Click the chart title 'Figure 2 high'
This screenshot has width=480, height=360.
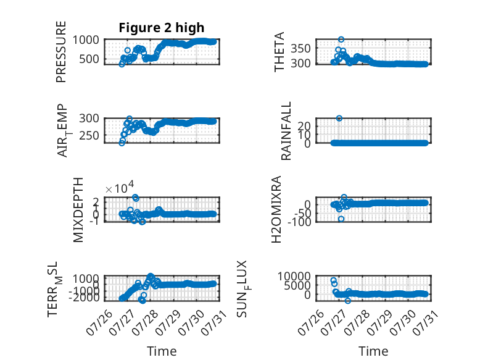161,28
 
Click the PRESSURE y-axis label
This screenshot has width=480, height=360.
61,52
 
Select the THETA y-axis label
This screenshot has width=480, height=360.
279,52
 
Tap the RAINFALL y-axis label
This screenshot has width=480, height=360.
286,131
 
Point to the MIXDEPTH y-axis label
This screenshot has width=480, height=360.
78,210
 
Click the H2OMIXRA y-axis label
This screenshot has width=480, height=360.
276,209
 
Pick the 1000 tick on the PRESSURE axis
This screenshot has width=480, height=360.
86,40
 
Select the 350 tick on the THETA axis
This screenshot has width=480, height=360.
300,48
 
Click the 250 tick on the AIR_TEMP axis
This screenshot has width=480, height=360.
89,135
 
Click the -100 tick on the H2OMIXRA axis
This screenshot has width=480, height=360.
299,222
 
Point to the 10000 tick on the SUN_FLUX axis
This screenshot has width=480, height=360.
294,277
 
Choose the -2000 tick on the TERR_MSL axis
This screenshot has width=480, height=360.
84,297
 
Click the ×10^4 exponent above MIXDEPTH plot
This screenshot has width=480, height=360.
120,188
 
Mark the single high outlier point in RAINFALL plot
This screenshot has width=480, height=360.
339,119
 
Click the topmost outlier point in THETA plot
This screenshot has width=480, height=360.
341,40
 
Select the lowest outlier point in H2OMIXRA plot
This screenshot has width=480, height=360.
341,219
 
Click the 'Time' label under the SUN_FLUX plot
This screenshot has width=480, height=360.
373,351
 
